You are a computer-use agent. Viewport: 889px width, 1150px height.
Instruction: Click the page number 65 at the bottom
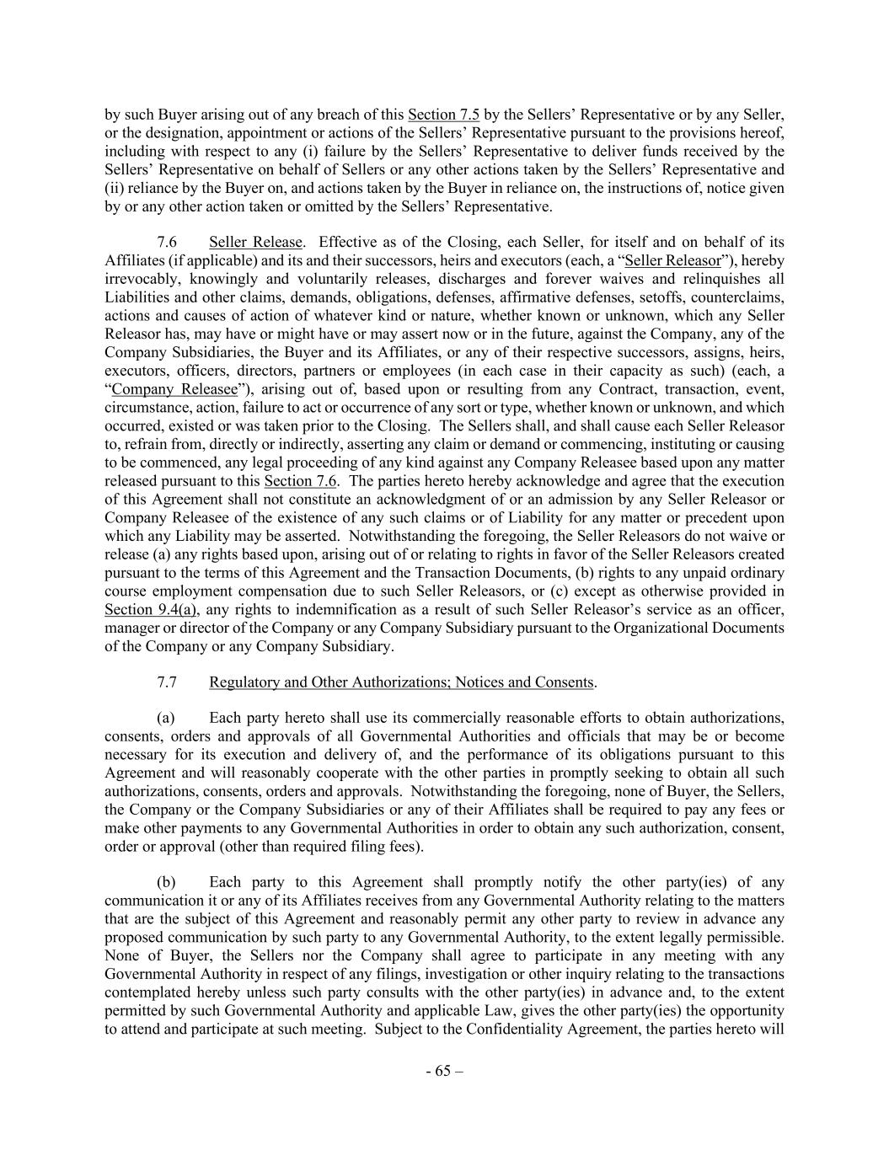(x=444, y=1071)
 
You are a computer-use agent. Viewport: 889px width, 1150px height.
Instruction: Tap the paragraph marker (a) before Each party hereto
(x=166, y=718)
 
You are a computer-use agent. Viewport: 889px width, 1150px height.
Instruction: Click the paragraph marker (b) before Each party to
(x=166, y=882)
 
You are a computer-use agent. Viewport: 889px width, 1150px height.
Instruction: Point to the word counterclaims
(x=742, y=297)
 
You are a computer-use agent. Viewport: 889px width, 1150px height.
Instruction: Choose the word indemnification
(x=336, y=609)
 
